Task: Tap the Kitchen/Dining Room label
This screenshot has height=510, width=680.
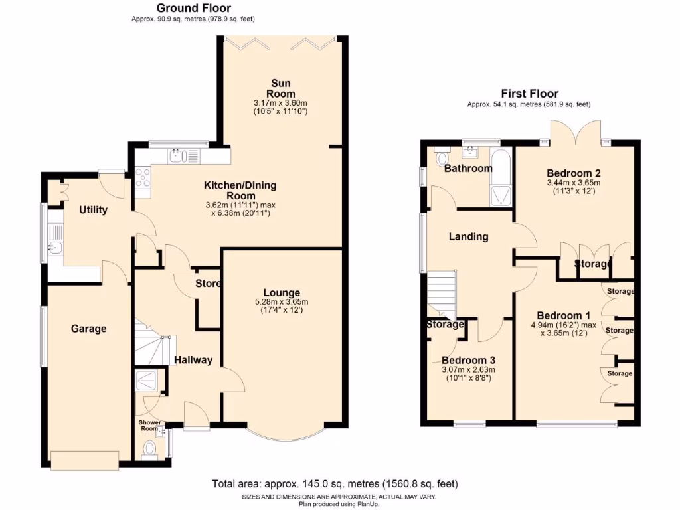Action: coord(240,191)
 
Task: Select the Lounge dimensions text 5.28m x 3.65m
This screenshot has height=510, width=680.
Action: coord(282,302)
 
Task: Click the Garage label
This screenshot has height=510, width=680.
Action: coord(89,328)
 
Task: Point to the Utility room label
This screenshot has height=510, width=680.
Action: coord(93,210)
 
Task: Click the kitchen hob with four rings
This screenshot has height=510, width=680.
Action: coord(143,177)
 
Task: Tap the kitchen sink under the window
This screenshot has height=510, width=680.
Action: coord(175,155)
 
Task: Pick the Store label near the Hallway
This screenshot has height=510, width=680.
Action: coord(208,284)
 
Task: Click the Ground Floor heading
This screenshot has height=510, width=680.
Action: coord(193,8)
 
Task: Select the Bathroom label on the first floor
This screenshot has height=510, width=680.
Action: coord(468,168)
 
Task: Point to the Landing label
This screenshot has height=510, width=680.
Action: coord(468,236)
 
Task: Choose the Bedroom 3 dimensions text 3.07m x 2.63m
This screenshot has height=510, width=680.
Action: coord(469,370)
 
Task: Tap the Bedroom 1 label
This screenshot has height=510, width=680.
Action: coord(563,315)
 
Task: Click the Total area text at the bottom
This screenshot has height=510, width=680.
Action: coord(335,483)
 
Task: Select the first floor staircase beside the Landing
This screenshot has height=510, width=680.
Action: coord(441,292)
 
